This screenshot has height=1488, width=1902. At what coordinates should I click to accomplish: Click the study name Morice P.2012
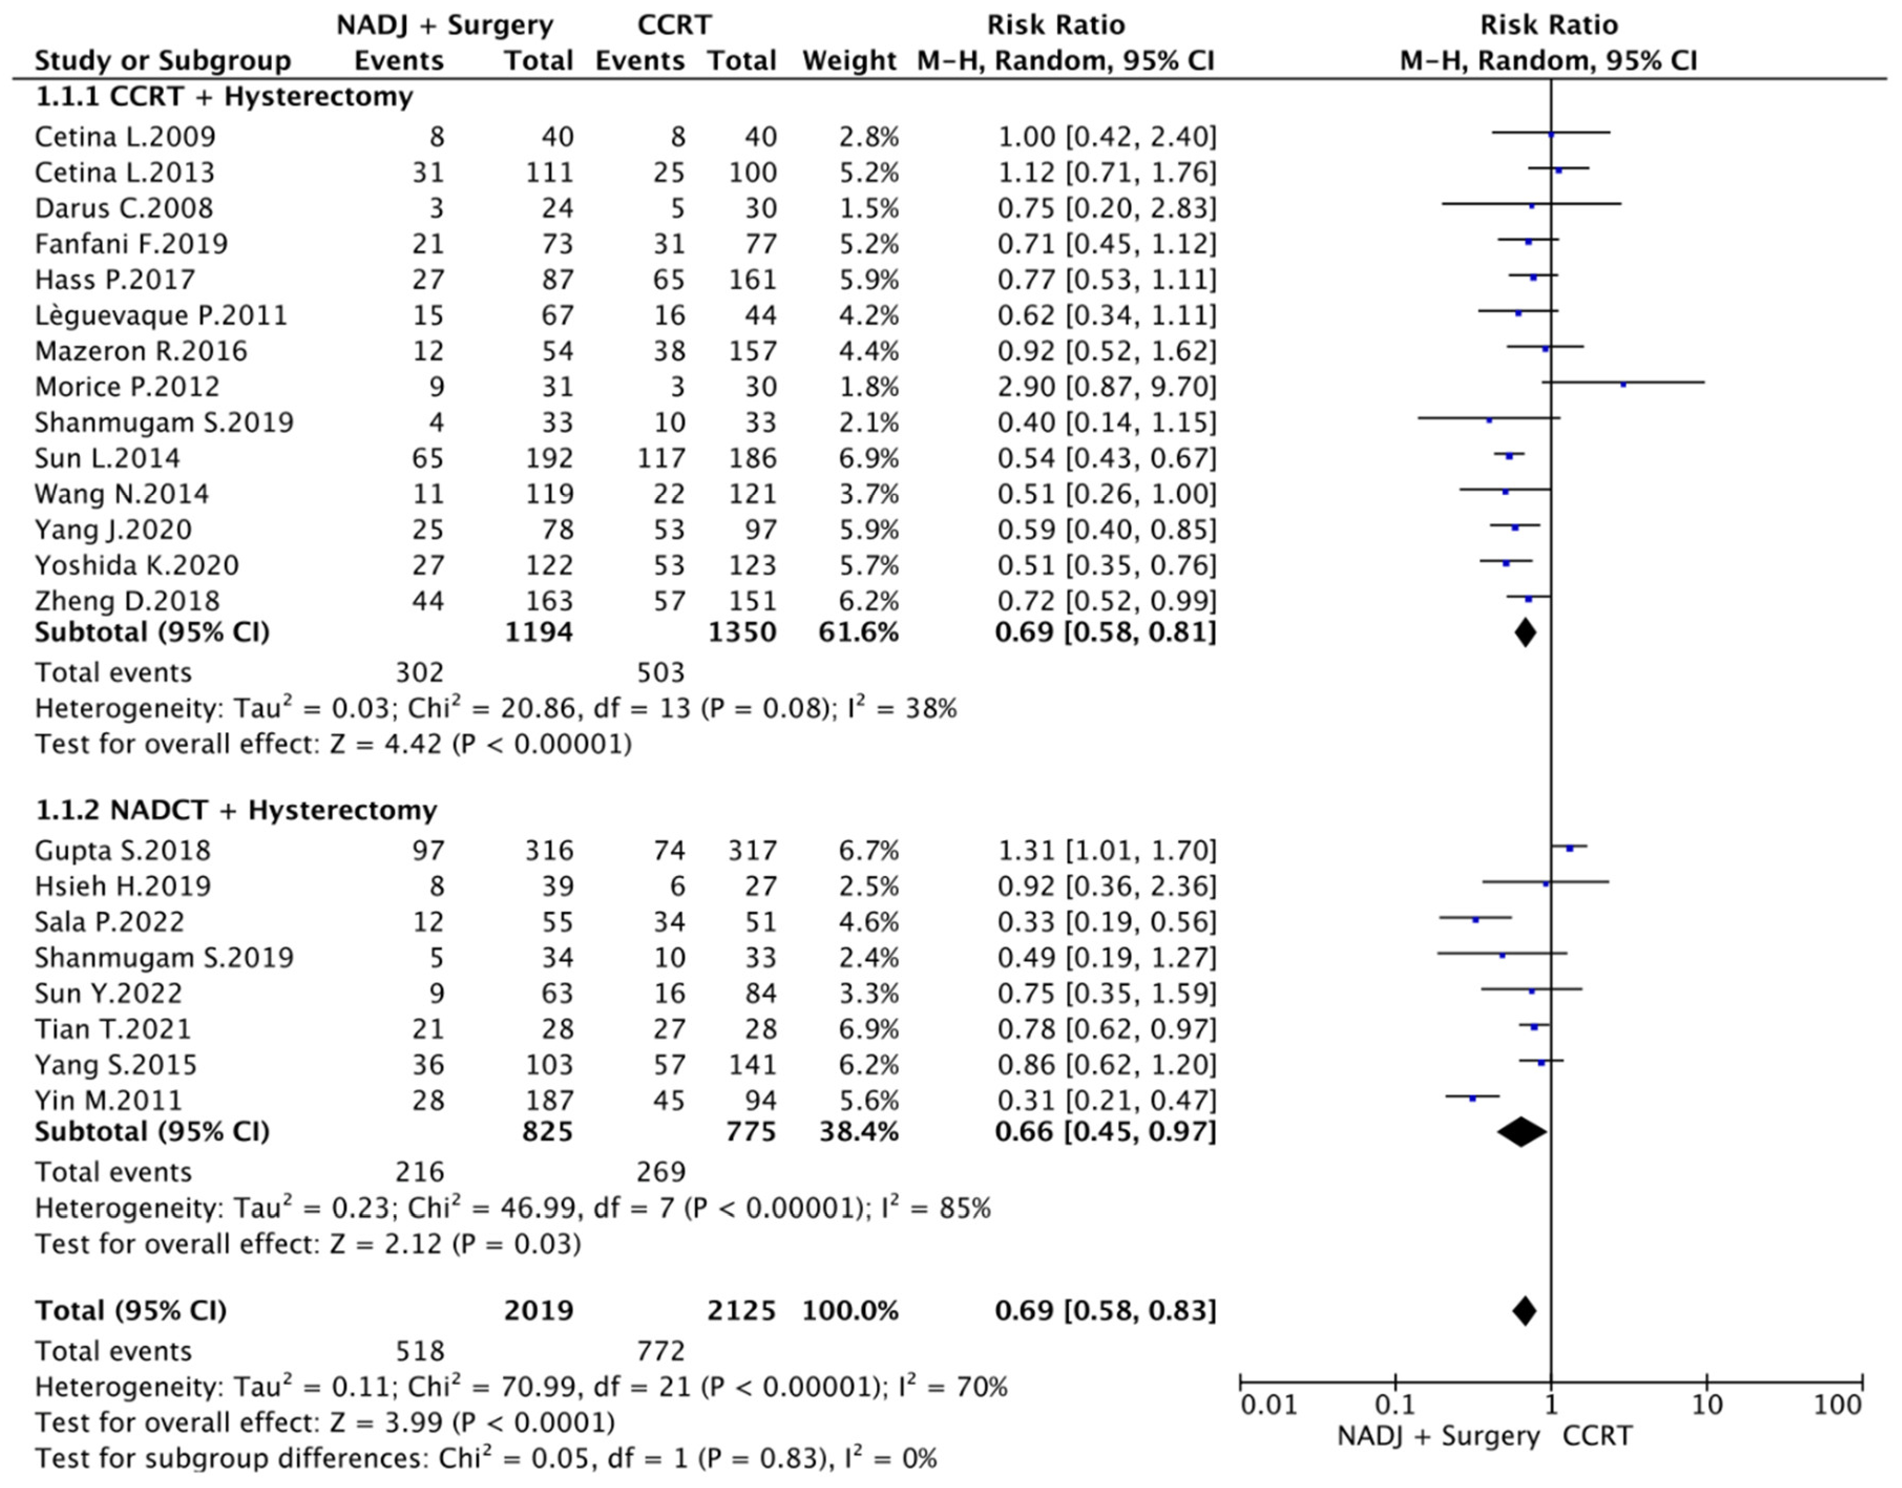pos(127,387)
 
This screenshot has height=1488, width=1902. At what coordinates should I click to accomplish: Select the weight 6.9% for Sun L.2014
pos(868,458)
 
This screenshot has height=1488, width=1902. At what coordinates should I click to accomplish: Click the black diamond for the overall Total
pos(1524,1310)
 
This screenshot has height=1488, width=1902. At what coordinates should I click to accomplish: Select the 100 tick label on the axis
pos(1837,1405)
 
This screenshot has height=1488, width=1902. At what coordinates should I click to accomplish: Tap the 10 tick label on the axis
pos(1707,1405)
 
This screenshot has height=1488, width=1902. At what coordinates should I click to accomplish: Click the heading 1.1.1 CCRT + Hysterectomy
pos(224,97)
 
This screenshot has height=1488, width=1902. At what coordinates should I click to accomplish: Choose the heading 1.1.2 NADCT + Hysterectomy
pos(235,810)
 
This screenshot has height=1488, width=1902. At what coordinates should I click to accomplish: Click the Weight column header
pos(849,61)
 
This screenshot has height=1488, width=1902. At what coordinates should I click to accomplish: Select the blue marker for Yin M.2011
pos(1473,1099)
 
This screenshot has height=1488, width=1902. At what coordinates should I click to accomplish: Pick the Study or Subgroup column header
pos(163,61)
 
